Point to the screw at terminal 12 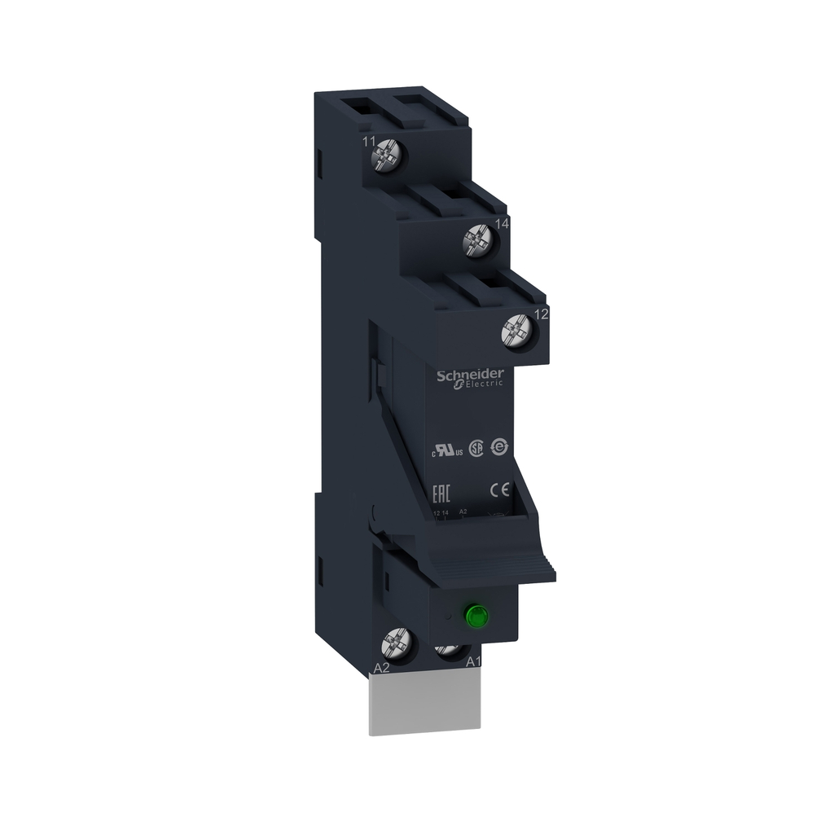pos(516,330)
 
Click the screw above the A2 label pos(397,646)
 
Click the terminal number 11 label pos(369,142)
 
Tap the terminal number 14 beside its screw pos(502,223)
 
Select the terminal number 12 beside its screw pos(539,313)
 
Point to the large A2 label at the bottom pos(380,668)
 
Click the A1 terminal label pos(473,662)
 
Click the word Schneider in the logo pos(469,375)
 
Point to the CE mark pos(499,489)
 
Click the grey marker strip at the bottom pos(424,705)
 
